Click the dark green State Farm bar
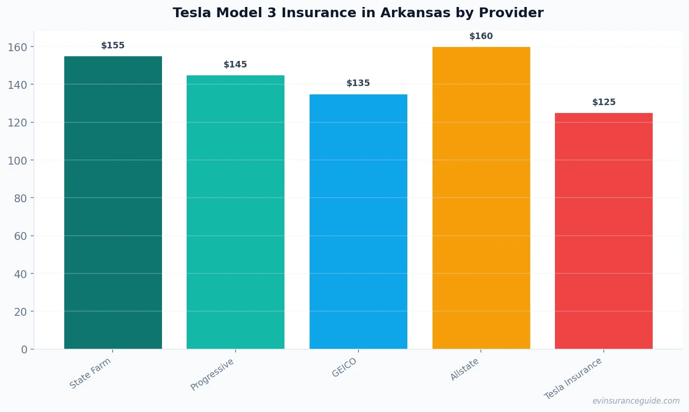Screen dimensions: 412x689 [113, 202]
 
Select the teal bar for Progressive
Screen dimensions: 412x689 [236, 212]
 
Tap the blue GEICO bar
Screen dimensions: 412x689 [358, 221]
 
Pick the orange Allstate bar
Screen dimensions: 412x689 [481, 198]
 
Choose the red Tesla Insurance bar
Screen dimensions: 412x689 [604, 231]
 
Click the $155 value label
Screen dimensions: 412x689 [113, 46]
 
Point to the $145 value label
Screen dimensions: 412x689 [235, 65]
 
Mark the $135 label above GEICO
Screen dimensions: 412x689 [358, 83]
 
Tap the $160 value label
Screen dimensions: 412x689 [481, 36]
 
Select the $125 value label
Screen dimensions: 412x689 [604, 102]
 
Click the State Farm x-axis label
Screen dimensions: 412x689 [90, 373]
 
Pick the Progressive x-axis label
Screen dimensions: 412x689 [212, 374]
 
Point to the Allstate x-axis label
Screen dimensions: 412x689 [465, 369]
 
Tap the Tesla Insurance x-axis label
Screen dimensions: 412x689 [573, 379]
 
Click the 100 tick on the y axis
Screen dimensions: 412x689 [18, 160]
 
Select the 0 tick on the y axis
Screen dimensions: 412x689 [24, 350]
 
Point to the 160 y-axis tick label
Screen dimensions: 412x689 [18, 47]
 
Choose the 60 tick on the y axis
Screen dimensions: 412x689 [20, 236]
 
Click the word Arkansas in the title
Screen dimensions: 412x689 [415, 13]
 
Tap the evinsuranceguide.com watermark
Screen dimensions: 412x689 [636, 401]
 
